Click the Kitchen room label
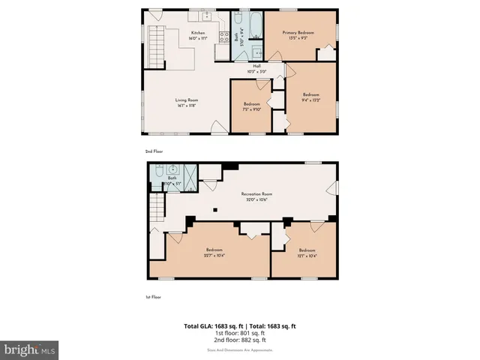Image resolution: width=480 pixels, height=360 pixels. (x=199, y=33)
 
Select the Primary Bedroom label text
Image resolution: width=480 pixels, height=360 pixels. (x=298, y=33)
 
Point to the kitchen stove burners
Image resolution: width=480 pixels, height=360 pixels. (x=223, y=35)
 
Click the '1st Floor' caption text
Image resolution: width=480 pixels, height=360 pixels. (x=152, y=297)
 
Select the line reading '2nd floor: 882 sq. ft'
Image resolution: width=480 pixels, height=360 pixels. (x=240, y=340)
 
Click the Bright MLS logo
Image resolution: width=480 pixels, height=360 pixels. (x=30, y=349)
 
